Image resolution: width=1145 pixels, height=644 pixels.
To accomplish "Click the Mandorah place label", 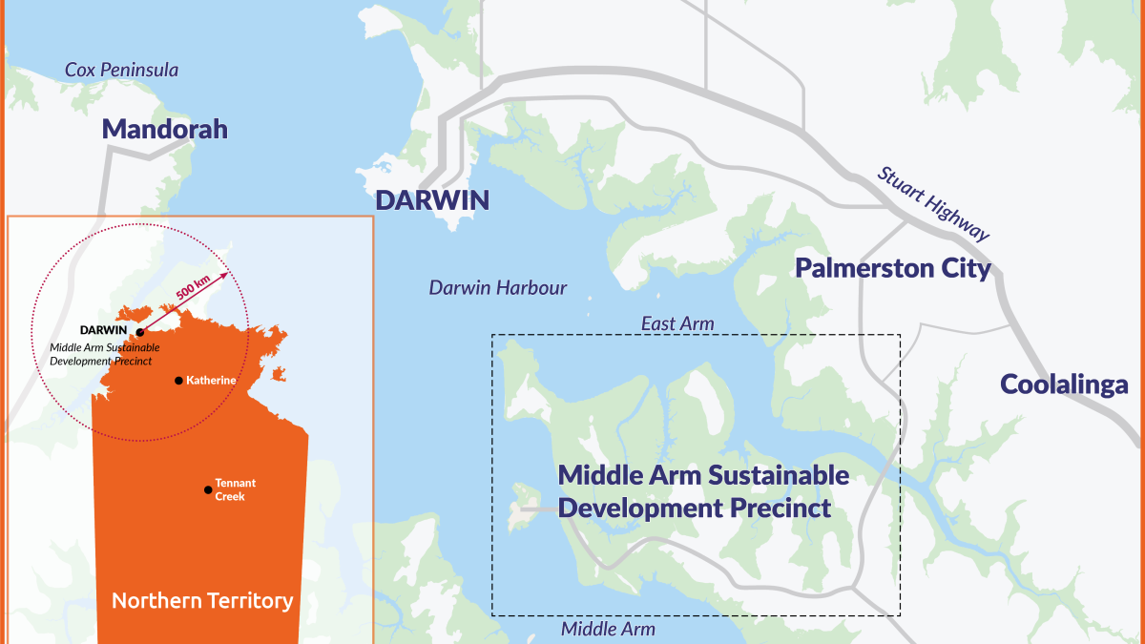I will point(164,130).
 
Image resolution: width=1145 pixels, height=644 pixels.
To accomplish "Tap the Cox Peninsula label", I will point(121,71).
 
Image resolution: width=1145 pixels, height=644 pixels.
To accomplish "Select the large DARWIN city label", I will point(431,200).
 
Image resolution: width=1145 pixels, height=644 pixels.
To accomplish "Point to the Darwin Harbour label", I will point(497,288).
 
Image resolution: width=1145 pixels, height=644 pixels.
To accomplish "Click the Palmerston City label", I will point(893,269).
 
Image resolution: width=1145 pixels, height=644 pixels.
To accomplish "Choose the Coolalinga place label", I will point(1064,385).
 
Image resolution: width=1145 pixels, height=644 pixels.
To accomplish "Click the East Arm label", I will point(677,324).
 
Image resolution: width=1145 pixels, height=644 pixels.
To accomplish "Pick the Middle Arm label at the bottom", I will point(608,629).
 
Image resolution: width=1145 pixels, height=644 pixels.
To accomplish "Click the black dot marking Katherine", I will point(178,381).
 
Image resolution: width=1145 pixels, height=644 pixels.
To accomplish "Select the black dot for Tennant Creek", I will point(207,489).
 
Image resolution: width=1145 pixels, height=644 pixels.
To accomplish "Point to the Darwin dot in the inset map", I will point(139,332).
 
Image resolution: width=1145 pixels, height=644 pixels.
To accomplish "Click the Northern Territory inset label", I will point(201,601).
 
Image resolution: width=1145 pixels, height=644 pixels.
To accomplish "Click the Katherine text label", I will point(211,380).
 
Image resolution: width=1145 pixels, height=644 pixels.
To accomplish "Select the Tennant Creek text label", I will point(236,489).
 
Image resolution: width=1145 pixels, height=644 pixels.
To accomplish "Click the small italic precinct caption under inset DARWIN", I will point(104,353).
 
